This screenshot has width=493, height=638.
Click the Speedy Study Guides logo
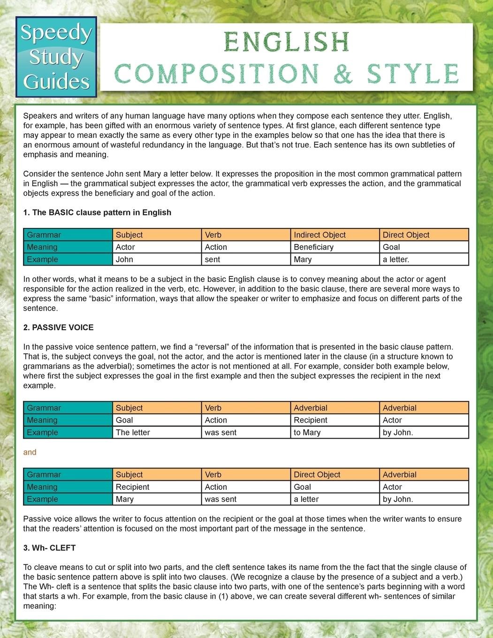pyautogui.click(x=56, y=57)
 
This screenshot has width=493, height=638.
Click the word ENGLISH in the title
pyautogui.click(x=287, y=43)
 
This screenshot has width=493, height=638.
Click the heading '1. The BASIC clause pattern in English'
pyautogui.click(x=97, y=213)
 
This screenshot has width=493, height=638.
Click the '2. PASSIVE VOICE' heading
pyautogui.click(x=59, y=327)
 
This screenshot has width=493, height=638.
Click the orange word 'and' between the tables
pyautogui.click(x=30, y=452)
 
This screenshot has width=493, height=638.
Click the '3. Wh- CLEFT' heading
pyautogui.click(x=49, y=548)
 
